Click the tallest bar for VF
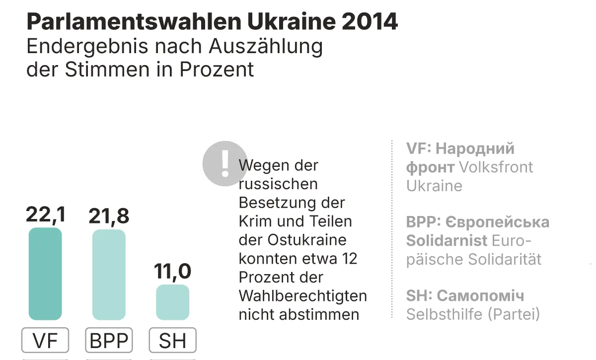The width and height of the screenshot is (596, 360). tap(45, 274)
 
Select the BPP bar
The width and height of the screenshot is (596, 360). tap(109, 275)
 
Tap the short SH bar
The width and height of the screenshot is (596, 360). tap(172, 302)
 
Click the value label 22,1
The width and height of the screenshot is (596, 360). tap(45, 216)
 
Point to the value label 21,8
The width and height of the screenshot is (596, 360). tap(109, 216)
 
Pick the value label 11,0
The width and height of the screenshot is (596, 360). tap(172, 272)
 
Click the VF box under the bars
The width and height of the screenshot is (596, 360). tap(45, 341)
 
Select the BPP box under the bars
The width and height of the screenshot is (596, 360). tap(109, 341)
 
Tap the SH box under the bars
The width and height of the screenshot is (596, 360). tap(172, 341)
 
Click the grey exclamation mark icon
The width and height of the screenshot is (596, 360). tap(224, 163)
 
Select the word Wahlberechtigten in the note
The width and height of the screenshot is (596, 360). tap(302, 296)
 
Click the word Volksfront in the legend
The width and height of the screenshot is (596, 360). tap(496, 167)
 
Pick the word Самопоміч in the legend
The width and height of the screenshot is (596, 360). tap(480, 296)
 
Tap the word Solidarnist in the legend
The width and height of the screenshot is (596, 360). tap(447, 241)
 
